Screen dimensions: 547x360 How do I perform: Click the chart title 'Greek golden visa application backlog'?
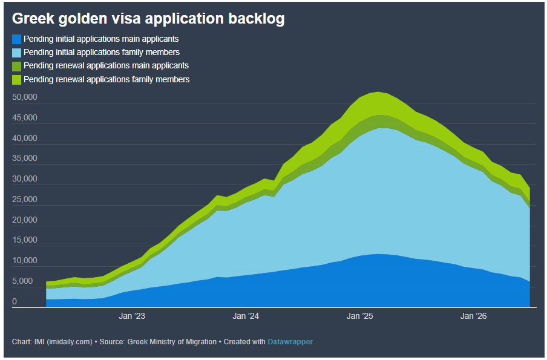(148, 19)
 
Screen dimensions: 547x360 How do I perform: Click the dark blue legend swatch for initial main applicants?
(16, 39)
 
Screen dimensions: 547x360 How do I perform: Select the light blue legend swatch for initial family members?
(16, 53)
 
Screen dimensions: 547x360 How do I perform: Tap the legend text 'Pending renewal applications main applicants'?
(106, 65)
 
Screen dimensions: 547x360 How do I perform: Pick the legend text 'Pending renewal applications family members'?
(106, 79)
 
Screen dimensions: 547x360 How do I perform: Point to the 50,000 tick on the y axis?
(24, 97)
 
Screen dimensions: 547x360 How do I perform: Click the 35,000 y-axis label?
(24, 159)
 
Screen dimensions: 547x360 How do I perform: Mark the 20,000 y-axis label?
(24, 220)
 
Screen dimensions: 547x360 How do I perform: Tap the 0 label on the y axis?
(15, 301)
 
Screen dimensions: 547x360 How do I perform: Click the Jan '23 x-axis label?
(132, 316)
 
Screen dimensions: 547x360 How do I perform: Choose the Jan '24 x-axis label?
(246, 316)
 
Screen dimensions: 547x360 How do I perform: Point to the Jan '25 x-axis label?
(359, 316)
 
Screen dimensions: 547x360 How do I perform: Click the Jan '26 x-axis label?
(473, 316)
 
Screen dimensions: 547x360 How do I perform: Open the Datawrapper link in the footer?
(290, 342)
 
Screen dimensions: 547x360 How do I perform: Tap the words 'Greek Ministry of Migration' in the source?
(172, 342)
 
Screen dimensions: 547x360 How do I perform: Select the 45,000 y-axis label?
(24, 117)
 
